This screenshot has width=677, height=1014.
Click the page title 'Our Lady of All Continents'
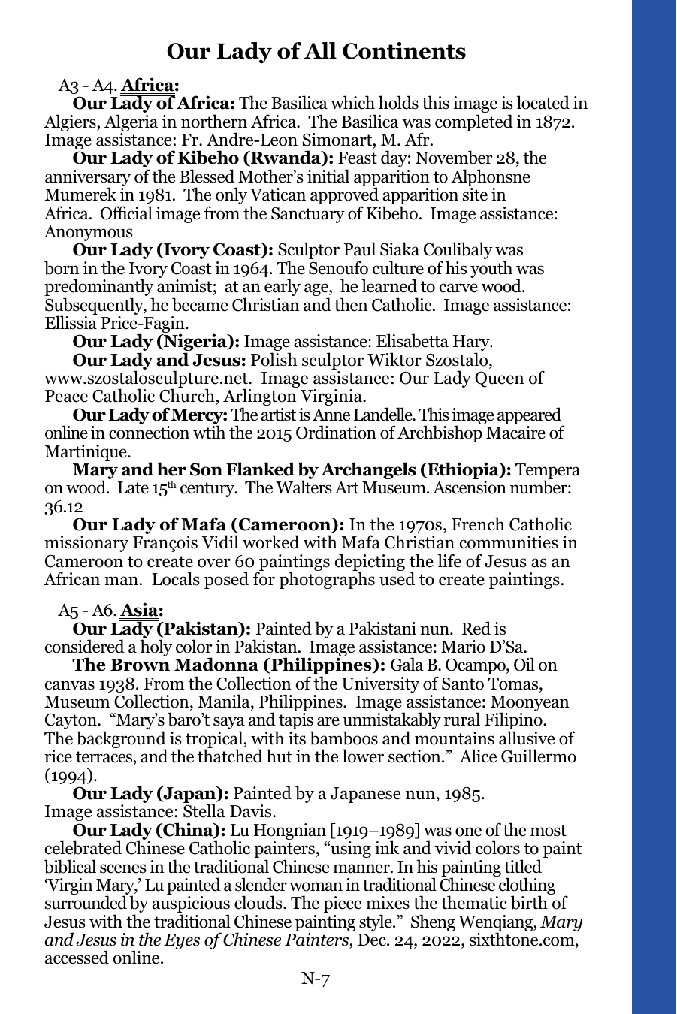[x=316, y=51]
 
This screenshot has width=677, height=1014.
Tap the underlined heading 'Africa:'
[x=149, y=85]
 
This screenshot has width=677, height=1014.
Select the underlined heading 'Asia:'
[x=141, y=610]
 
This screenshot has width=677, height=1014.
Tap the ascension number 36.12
[x=61, y=506]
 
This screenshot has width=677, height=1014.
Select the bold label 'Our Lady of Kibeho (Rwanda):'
[x=203, y=158]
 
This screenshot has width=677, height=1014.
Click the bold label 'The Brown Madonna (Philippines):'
[x=229, y=665]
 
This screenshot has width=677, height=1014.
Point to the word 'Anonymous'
[x=89, y=231]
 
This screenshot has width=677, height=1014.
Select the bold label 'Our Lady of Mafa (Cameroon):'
[x=208, y=525]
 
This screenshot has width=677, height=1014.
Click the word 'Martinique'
[x=86, y=451]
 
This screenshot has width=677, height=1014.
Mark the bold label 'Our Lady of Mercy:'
[x=150, y=415]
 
